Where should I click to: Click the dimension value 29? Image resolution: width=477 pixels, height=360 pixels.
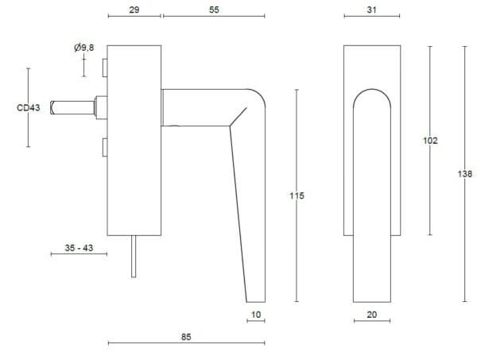[x=134, y=10]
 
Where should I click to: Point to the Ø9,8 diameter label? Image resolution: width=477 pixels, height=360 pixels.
[x=84, y=48]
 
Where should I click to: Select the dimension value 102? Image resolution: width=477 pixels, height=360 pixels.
[x=430, y=141]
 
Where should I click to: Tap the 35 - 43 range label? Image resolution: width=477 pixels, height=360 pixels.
[x=79, y=249]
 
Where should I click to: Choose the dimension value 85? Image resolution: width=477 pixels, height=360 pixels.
[x=186, y=337]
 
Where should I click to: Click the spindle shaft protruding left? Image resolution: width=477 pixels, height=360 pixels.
[x=72, y=107]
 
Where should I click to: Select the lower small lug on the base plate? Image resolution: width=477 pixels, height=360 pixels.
[x=103, y=148]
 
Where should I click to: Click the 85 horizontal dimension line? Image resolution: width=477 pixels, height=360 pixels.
[x=143, y=343]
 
